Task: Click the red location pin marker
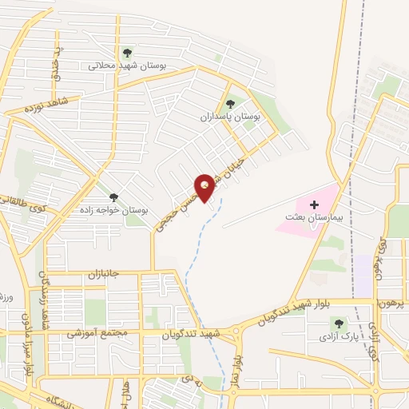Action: (x=205, y=188)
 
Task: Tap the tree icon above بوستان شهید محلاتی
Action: (x=126, y=54)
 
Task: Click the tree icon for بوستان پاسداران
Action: (x=231, y=103)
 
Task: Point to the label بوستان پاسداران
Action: (x=232, y=117)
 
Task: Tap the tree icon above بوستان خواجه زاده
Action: (x=113, y=197)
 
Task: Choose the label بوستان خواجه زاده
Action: (x=118, y=210)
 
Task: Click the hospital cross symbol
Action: (x=313, y=204)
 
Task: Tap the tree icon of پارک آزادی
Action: (x=338, y=324)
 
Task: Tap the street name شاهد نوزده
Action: (x=44, y=105)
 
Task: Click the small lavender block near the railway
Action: (x=363, y=274)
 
